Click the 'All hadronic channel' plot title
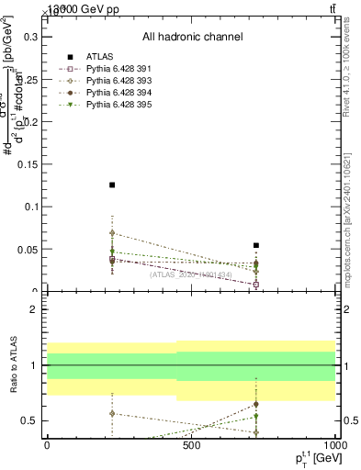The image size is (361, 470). pyautogui.click(x=192, y=37)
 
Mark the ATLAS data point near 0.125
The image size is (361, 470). pyautogui.click(x=112, y=185)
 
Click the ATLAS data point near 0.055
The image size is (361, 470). pyautogui.click(x=256, y=245)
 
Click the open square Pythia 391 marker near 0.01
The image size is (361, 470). pyautogui.click(x=256, y=285)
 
